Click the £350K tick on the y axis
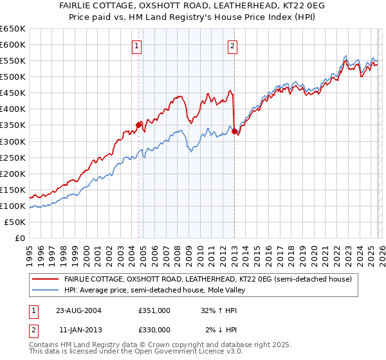click(x=13, y=125)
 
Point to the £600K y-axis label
click(x=13, y=44)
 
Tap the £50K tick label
click(x=15, y=222)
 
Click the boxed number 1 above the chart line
click(x=138, y=46)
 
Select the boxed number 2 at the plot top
click(x=232, y=46)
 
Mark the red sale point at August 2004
click(x=138, y=125)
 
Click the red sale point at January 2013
click(x=234, y=131)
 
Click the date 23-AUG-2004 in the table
click(x=78, y=310)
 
